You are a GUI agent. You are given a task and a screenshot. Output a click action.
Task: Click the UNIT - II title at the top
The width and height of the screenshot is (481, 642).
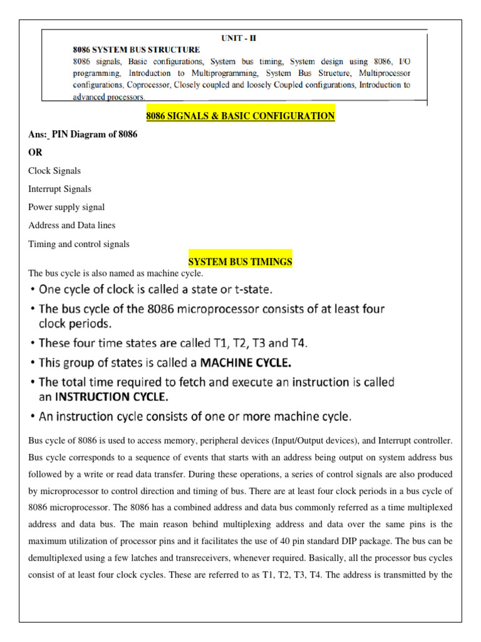[x=239, y=38]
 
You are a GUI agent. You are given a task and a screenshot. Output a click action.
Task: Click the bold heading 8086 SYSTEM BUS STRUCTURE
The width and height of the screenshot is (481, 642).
[x=135, y=50]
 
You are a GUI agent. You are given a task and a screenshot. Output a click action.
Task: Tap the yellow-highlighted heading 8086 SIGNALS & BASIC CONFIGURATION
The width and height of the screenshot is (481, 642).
[x=240, y=116]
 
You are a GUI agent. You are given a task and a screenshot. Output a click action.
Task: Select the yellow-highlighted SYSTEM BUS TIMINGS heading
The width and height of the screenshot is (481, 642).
[x=240, y=261]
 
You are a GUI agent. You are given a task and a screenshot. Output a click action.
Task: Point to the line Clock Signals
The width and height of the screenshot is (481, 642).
[x=54, y=171]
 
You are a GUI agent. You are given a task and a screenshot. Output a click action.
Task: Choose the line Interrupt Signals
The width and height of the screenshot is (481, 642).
[x=59, y=189]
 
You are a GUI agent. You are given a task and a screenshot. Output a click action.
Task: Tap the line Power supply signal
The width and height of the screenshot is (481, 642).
[x=66, y=207]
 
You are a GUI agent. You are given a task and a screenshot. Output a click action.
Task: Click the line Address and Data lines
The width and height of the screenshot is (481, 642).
[x=72, y=225]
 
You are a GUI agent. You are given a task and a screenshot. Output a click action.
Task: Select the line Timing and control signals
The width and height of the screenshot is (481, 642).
[x=79, y=244]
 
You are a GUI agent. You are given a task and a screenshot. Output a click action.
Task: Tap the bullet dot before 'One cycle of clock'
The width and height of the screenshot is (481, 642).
[x=32, y=290]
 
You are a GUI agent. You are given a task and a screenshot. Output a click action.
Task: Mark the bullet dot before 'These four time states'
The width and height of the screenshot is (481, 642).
[x=32, y=344]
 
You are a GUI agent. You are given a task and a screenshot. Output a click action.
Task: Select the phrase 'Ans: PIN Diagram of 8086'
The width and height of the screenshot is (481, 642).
[x=83, y=134]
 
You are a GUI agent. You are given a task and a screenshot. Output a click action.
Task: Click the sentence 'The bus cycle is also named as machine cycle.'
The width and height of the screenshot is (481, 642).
[x=116, y=273]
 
